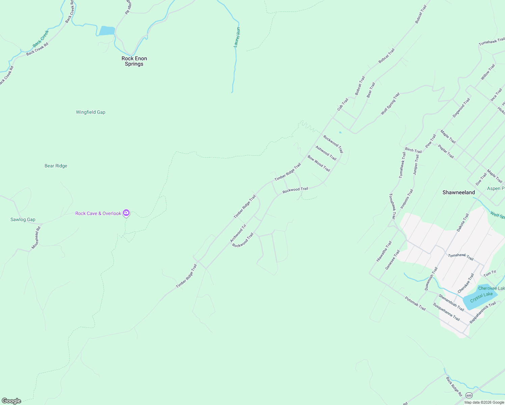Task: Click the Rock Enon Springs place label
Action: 134,61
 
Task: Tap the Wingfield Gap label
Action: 90,112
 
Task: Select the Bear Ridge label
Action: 56,166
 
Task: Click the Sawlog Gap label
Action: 23,219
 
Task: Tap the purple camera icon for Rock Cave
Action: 126,213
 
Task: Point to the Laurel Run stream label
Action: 237,37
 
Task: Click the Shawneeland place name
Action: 458,192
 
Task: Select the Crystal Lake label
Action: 481,297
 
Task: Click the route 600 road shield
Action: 469,395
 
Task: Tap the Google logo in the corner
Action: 11,401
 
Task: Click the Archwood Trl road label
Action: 238,233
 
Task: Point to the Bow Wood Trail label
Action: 318,163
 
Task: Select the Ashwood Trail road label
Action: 326,153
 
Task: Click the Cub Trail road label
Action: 343,104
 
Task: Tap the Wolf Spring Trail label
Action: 390,104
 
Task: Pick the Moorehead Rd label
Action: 36,238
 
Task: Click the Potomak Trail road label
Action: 415,303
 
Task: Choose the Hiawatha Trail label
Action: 384,251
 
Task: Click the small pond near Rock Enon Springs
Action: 107,31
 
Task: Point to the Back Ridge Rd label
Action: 454,386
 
